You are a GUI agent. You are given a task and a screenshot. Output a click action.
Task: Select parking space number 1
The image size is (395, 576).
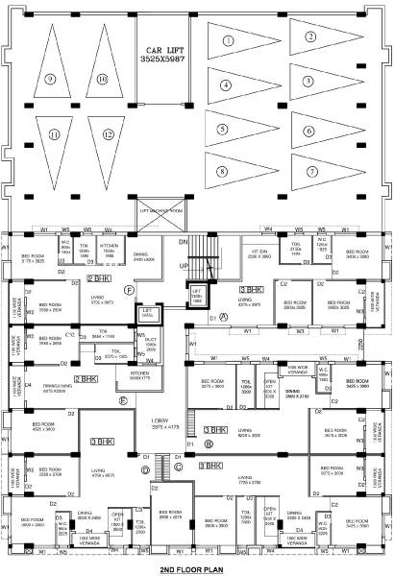click(228, 41)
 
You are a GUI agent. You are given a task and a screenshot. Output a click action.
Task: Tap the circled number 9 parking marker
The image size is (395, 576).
click(48, 79)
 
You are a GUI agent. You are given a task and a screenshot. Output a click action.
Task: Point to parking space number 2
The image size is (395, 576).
click(310, 37)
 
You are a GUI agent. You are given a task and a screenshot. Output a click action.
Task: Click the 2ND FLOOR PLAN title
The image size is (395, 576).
click(199, 569)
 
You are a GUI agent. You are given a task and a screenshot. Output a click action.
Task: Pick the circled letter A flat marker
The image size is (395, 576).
click(224, 316)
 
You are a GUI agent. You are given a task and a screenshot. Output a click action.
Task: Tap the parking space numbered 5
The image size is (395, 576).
click(223, 129)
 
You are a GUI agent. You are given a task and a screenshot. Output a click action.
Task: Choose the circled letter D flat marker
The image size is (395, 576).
click(144, 468)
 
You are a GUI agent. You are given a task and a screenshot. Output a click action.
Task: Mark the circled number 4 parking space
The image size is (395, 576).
click(225, 84)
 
